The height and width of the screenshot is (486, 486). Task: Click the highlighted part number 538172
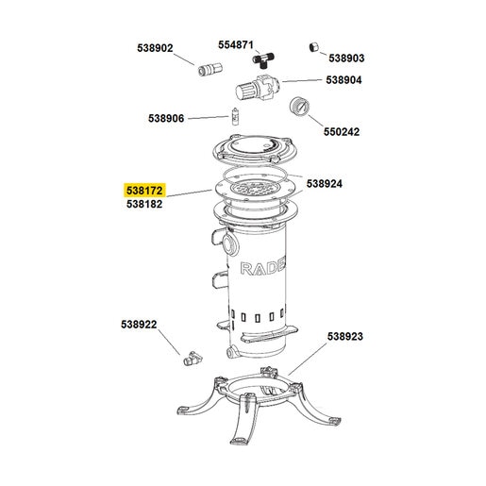(x=144, y=191)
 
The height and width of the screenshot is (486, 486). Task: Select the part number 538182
(x=144, y=204)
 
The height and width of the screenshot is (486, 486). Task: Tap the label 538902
(x=155, y=48)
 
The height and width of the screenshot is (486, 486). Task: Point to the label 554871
(x=236, y=45)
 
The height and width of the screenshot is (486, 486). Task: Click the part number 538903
(x=346, y=59)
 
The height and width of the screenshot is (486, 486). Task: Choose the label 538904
(x=344, y=80)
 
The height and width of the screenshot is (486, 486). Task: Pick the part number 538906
(x=166, y=119)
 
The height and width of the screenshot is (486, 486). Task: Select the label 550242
(x=342, y=132)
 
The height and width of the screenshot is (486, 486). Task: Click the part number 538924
(x=325, y=184)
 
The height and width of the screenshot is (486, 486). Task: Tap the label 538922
(x=139, y=325)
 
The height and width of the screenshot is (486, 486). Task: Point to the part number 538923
(x=345, y=336)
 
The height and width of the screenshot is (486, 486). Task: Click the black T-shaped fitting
(x=263, y=59)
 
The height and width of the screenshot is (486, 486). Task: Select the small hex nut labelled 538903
(x=313, y=47)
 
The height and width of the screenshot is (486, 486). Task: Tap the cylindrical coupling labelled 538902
(x=210, y=69)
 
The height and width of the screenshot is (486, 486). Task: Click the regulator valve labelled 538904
(x=258, y=87)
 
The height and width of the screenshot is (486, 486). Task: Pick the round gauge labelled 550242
(x=298, y=107)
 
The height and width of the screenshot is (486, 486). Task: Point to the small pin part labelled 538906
(x=235, y=116)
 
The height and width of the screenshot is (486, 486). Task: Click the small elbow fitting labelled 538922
(x=192, y=358)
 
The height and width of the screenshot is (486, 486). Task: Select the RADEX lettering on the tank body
(x=263, y=268)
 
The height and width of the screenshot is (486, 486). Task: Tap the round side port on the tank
(x=229, y=243)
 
